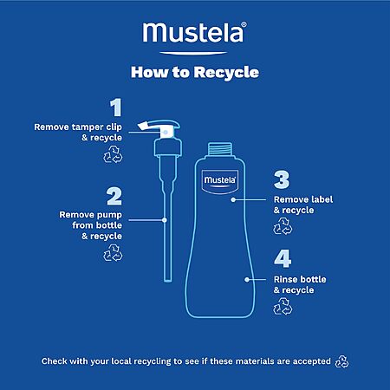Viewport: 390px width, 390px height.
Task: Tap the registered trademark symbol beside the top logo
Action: point(244,24)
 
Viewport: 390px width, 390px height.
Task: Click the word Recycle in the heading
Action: point(226,73)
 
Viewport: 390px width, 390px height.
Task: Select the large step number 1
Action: point(116,107)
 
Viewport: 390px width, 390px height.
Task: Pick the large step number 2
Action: point(114,197)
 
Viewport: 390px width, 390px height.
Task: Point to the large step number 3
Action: point(282,179)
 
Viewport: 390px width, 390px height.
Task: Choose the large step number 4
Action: point(283,259)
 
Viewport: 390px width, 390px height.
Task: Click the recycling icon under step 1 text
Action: point(113,154)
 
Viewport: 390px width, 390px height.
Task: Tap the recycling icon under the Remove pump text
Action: point(113,253)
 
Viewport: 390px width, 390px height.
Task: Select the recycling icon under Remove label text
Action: point(283,226)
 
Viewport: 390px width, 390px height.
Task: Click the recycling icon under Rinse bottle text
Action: point(283,306)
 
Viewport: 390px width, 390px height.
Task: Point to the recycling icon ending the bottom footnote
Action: point(342,361)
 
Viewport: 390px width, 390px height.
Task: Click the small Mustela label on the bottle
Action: point(220,182)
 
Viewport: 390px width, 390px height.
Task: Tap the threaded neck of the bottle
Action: point(220,149)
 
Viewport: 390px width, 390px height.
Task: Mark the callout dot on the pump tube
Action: point(165,220)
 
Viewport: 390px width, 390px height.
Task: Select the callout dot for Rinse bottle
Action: point(247,280)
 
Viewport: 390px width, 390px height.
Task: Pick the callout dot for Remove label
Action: point(233,199)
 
